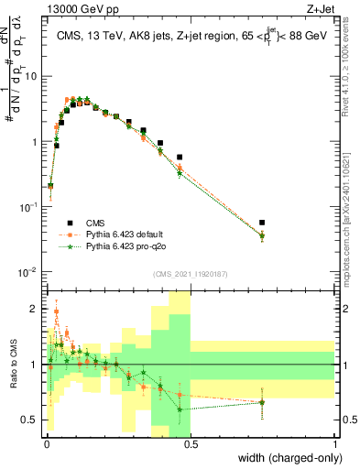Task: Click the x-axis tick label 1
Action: click(335, 442)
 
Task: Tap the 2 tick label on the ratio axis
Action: click(35, 309)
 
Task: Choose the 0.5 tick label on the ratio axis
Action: click(30, 420)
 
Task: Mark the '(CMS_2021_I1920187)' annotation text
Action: click(190, 274)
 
